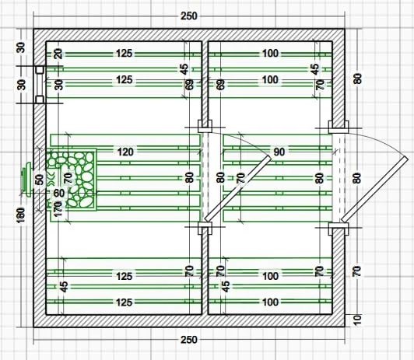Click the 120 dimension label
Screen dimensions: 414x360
coord(125,152)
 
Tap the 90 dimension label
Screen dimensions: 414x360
coord(279,152)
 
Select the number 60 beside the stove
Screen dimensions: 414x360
coord(58,193)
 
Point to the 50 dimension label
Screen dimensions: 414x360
coord(40,180)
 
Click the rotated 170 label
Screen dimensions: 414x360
coord(58,209)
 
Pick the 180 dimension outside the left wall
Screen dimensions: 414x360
coord(21,215)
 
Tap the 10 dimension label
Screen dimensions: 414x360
coord(357,320)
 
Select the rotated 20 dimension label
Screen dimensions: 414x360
coord(58,54)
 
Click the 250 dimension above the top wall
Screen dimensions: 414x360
coord(189,16)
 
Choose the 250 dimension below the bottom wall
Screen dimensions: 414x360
coord(189,340)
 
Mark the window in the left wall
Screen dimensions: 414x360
coord(40,85)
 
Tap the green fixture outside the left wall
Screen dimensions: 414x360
coord(27,179)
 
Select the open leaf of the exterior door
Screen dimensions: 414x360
coord(374,189)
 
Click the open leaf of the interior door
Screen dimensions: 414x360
coord(237,188)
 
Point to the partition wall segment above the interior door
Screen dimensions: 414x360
coord(205,81)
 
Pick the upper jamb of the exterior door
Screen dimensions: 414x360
coord(339,127)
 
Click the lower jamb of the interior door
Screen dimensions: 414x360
coord(205,229)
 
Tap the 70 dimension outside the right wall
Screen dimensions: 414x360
coord(357,271)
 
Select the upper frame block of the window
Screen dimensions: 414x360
coord(40,70)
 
